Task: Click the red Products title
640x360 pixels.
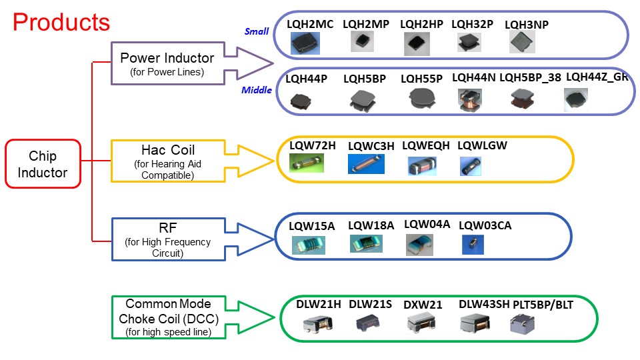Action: tap(61, 22)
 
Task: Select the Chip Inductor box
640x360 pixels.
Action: tap(43, 164)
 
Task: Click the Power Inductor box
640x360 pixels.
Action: tap(167, 64)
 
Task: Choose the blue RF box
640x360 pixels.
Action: tap(168, 239)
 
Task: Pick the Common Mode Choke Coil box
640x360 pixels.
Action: tap(167, 317)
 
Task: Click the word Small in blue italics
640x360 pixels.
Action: tap(257, 31)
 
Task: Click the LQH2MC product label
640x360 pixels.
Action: tap(310, 24)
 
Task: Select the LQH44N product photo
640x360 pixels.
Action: tap(469, 99)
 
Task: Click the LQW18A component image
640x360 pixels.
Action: tap(366, 244)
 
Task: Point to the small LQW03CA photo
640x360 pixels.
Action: tap(473, 245)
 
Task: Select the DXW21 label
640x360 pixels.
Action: tap(423, 305)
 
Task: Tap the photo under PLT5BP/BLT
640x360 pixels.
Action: tap(523, 323)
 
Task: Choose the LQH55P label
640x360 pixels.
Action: tap(421, 79)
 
